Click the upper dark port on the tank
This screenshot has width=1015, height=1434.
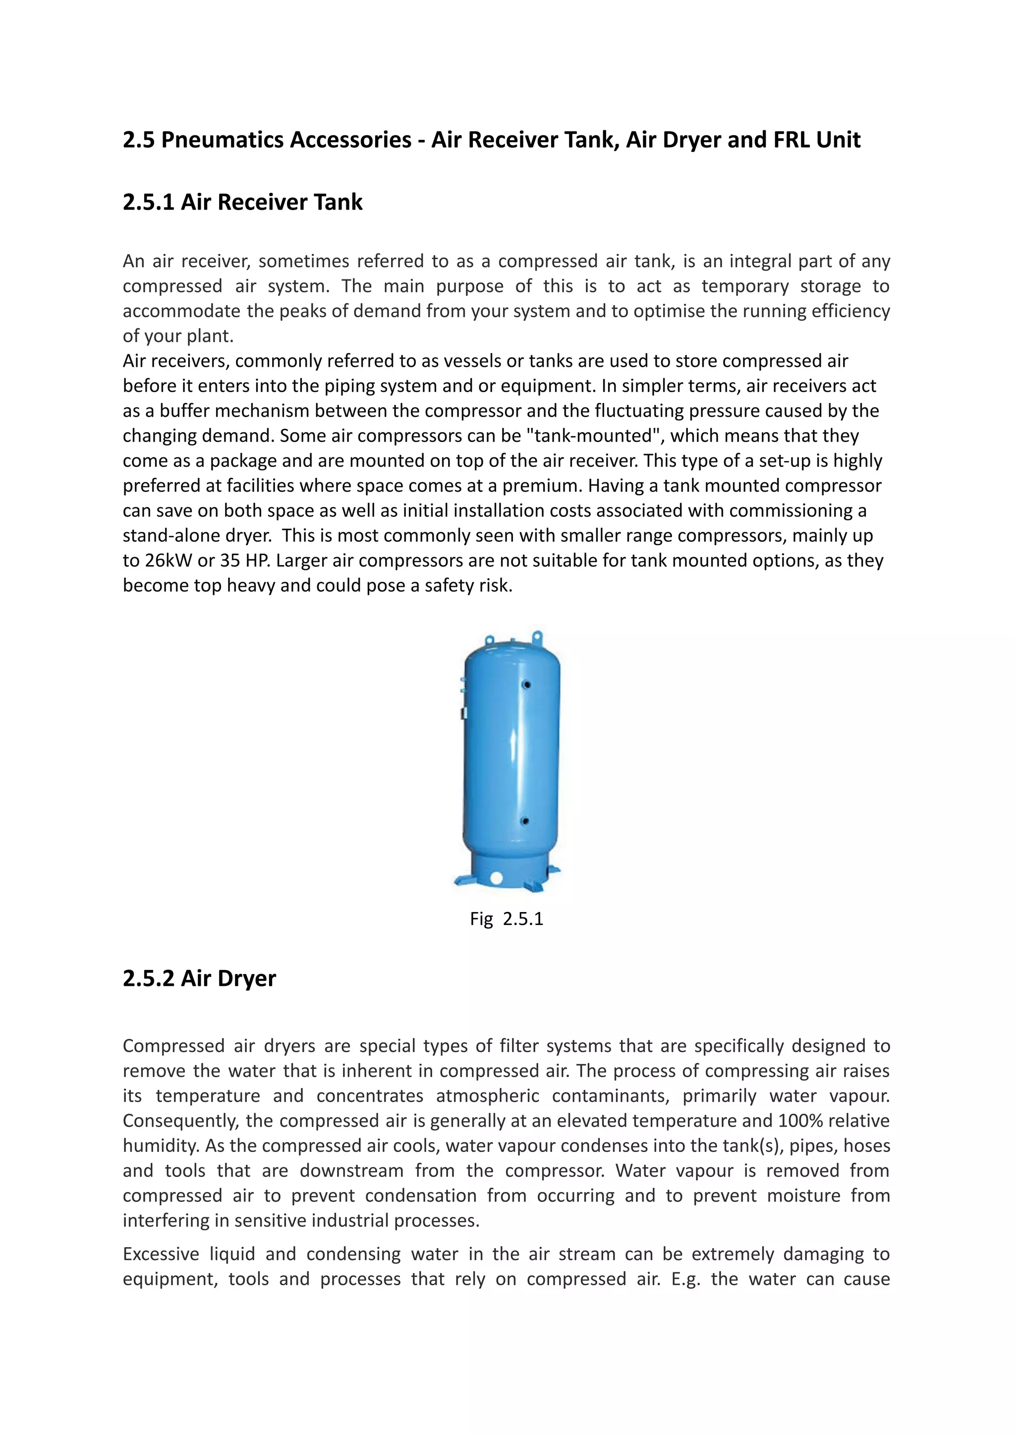point(526,685)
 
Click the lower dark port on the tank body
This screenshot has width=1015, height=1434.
point(525,821)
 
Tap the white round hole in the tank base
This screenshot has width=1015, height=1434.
point(497,878)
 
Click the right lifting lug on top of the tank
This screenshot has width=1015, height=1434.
point(537,637)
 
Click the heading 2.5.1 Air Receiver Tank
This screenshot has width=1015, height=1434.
point(242,202)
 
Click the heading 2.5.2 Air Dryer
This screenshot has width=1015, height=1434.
point(199,978)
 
